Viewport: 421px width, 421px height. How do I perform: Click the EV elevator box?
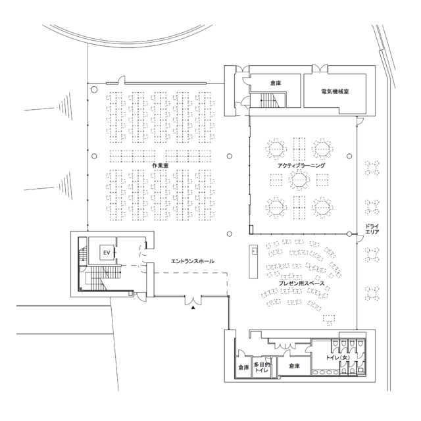(x=107, y=253)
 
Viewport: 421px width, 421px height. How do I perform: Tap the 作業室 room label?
(x=161, y=165)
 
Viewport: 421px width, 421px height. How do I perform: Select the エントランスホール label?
(x=193, y=261)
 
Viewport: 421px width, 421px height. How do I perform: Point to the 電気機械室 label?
(x=335, y=91)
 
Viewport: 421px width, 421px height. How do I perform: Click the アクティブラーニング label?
(x=301, y=165)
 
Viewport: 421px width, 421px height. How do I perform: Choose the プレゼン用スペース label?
(x=301, y=283)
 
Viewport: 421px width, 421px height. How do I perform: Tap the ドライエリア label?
(x=372, y=229)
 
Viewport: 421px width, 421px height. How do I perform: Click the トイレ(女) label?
(x=337, y=357)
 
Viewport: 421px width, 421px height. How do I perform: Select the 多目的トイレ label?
(x=262, y=367)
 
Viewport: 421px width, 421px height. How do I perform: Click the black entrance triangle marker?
(x=193, y=308)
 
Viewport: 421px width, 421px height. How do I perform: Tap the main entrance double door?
(x=193, y=300)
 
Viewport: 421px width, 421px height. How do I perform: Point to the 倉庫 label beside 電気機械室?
(x=276, y=84)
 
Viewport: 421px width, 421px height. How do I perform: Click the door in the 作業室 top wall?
(x=122, y=80)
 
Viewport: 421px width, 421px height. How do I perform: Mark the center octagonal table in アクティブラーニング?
(x=299, y=180)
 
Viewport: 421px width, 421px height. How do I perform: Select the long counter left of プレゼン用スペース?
(x=253, y=262)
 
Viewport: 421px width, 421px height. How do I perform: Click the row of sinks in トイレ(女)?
(x=326, y=372)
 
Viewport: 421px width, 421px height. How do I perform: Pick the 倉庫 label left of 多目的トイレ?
(x=243, y=367)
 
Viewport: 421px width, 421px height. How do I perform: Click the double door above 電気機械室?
(x=320, y=68)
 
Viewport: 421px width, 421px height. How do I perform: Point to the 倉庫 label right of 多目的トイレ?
(x=294, y=366)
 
